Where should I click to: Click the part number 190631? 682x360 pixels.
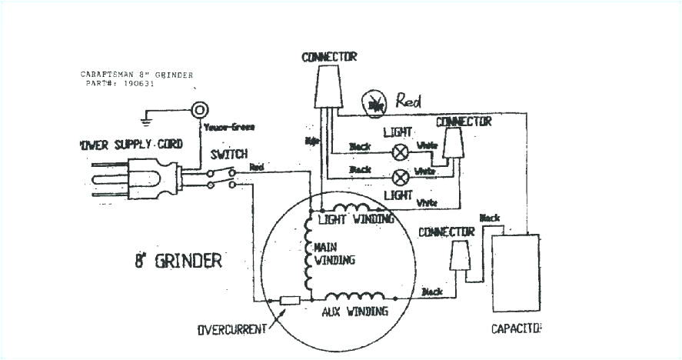(x=138, y=84)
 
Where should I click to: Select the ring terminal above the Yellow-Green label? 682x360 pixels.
(x=201, y=109)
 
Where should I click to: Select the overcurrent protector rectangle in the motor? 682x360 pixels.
(x=290, y=301)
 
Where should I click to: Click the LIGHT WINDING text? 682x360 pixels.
(x=356, y=219)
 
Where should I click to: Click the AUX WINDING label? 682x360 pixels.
(x=354, y=311)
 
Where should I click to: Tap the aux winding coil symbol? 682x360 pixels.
(x=354, y=296)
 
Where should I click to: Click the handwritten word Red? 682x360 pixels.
(x=411, y=100)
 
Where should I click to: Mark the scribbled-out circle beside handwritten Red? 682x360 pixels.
(x=375, y=102)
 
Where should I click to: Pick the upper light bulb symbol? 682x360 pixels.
(x=400, y=151)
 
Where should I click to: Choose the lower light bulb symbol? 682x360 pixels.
(x=400, y=175)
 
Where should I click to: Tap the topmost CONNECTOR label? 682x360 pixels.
(x=329, y=57)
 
